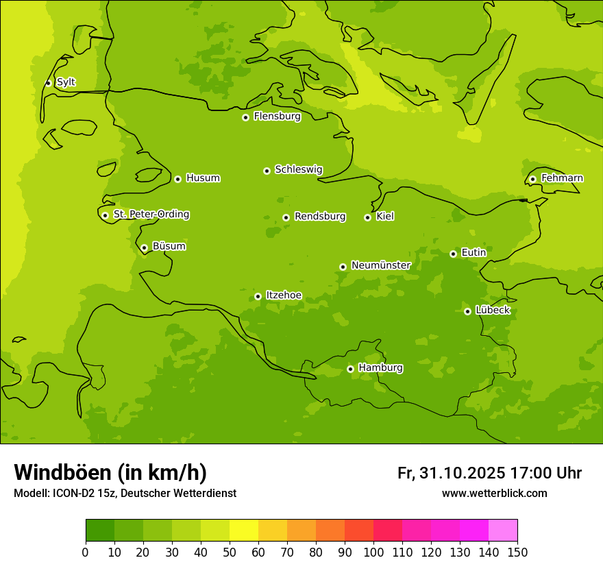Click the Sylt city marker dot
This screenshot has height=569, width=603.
click(x=48, y=83)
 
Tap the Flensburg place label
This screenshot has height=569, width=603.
click(x=277, y=117)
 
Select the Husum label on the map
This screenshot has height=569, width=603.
click(x=203, y=178)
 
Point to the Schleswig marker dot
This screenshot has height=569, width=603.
click(x=267, y=171)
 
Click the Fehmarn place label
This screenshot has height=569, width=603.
click(x=562, y=178)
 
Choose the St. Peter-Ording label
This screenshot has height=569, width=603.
click(x=151, y=215)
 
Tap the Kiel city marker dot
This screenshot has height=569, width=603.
click(x=367, y=217)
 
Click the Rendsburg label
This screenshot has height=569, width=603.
click(x=319, y=217)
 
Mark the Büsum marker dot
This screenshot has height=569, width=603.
click(x=144, y=247)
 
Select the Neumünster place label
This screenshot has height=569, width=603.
click(x=380, y=265)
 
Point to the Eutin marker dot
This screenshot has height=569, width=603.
click(x=453, y=254)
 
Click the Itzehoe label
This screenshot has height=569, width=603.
click(x=283, y=295)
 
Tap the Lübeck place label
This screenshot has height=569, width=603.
click(x=492, y=311)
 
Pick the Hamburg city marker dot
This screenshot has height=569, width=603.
click(x=350, y=369)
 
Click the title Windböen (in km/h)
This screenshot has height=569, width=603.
click(x=110, y=472)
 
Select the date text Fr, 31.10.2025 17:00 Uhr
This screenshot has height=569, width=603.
click(x=489, y=473)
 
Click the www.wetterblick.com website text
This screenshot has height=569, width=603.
click(x=494, y=494)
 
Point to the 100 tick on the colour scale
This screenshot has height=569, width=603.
click(x=373, y=552)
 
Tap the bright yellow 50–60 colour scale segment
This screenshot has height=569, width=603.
click(x=244, y=531)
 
